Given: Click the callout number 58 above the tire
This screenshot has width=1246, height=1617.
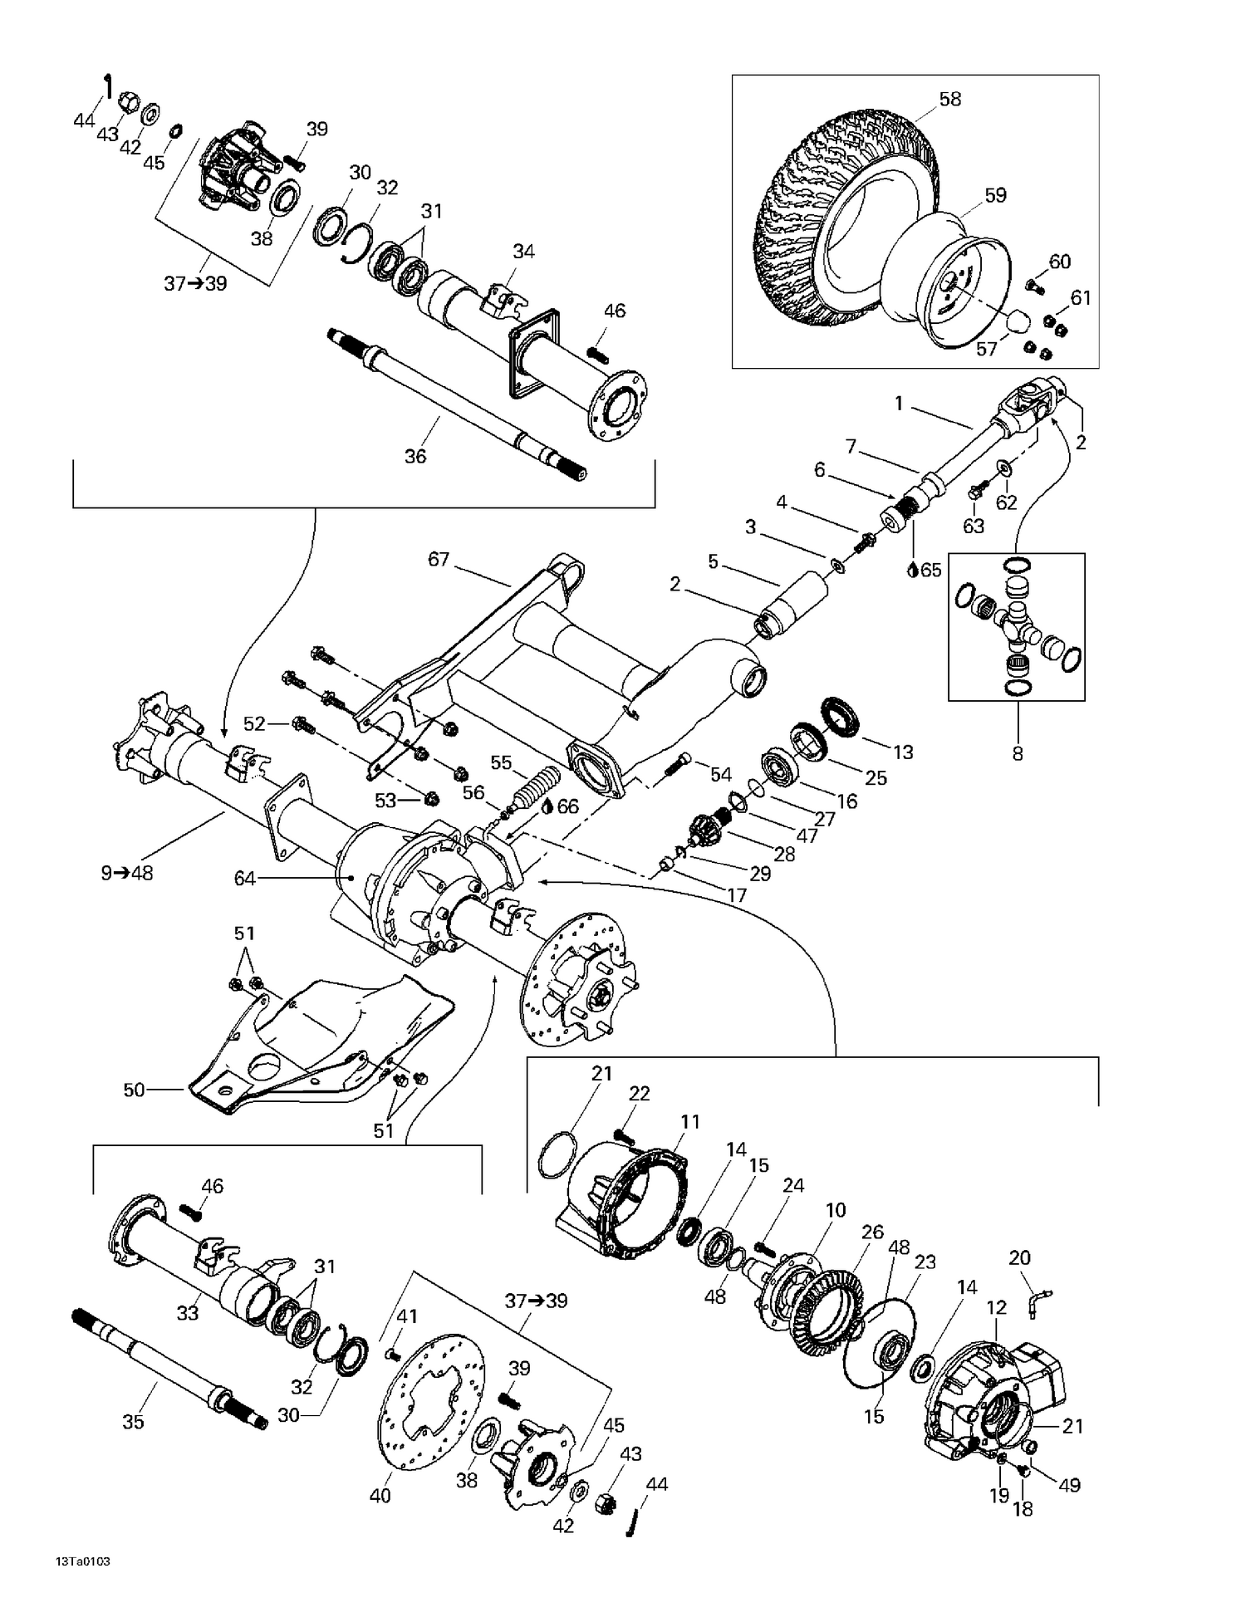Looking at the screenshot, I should (x=949, y=99).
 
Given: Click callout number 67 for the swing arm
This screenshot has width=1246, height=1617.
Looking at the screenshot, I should (x=439, y=559).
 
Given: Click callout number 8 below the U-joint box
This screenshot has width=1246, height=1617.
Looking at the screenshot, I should (x=1018, y=754).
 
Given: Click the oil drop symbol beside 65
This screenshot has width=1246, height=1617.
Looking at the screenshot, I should (x=913, y=570).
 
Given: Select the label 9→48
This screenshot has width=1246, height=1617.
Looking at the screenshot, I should (x=127, y=873).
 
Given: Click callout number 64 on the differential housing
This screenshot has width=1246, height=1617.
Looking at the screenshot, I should (x=244, y=878).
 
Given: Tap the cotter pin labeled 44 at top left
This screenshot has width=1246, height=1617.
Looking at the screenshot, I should (x=107, y=86).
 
